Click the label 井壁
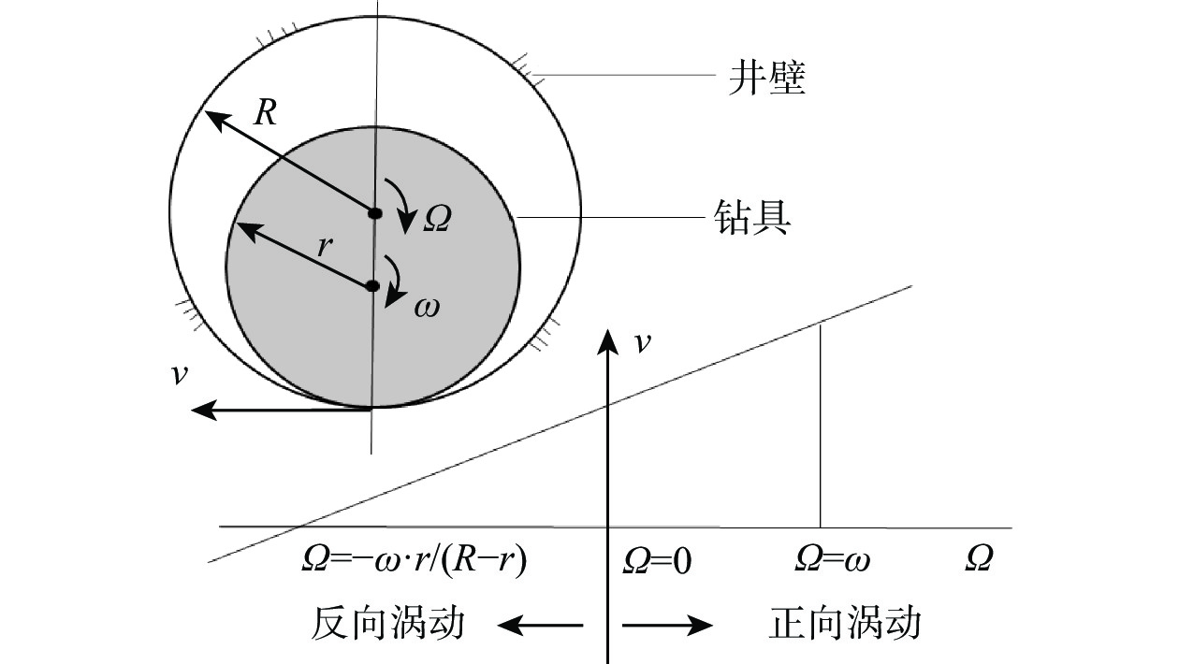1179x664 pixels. tap(766, 79)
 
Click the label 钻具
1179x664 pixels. tap(752, 220)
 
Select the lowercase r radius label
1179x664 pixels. tap(324, 247)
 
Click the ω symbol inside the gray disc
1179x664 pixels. tap(426, 306)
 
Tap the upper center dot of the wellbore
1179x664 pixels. tap(375, 213)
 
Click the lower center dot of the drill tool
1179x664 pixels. tap(372, 286)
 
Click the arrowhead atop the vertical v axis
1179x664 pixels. tap(609, 338)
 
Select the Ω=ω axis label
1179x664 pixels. tap(832, 560)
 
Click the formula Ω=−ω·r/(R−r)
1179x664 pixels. tap(415, 560)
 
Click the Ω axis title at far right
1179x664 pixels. tap(979, 560)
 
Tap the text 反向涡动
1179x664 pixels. tap(387, 624)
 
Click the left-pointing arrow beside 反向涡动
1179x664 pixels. tap(539, 626)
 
